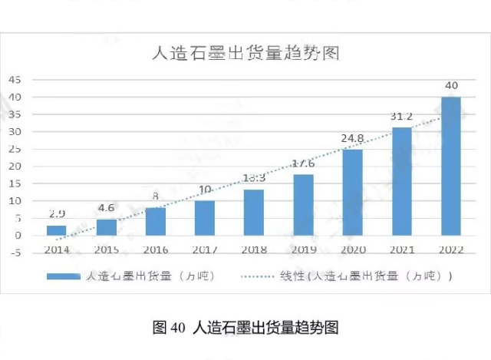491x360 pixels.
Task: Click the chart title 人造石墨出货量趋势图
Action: pos(246,54)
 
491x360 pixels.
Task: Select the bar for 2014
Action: pos(57,230)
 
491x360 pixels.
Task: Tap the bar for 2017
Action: pos(204,218)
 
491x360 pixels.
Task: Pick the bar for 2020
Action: pos(352,193)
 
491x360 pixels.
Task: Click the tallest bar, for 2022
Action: pos(451,166)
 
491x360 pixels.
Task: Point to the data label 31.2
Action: pos(402,117)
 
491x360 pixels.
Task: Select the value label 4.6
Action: pos(106,209)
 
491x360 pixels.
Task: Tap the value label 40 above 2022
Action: pos(451,85)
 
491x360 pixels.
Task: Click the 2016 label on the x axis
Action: pos(155,249)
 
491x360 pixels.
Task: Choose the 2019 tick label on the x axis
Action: pos(303,249)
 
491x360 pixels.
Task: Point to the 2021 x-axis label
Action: pos(402,249)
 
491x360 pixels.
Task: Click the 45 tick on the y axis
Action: pos(15,80)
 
